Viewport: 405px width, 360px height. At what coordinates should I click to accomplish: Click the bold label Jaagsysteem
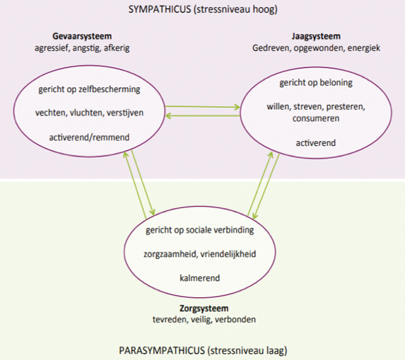316,36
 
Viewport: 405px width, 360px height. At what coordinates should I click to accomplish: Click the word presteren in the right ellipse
347,107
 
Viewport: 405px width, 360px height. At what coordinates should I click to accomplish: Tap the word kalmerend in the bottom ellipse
199,277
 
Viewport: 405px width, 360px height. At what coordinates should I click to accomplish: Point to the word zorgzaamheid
170,253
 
